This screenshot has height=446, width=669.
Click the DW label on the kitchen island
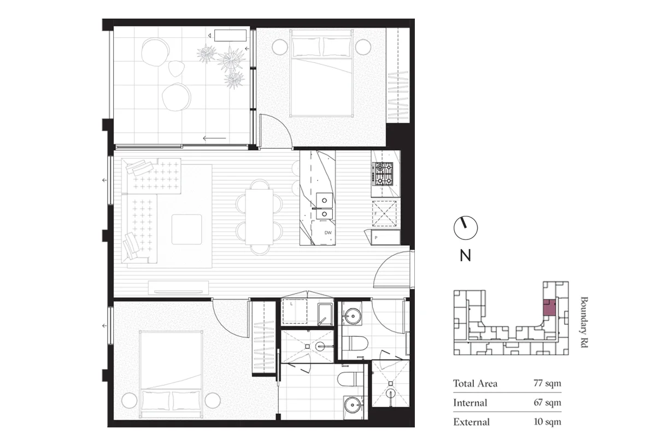328,233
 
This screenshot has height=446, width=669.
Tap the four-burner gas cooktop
382,174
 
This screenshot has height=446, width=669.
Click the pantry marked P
385,237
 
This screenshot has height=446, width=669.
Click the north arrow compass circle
466,228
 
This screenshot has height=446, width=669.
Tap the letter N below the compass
465,255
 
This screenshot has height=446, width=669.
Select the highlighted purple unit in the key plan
549,307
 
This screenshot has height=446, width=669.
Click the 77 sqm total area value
547,383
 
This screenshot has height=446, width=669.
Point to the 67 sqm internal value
547,403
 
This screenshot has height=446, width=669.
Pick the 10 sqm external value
547,422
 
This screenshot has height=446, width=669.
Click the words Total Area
475,383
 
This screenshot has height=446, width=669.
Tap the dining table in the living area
259,216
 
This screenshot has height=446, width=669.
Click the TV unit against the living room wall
179,287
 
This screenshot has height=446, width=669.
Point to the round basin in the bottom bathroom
352,405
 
